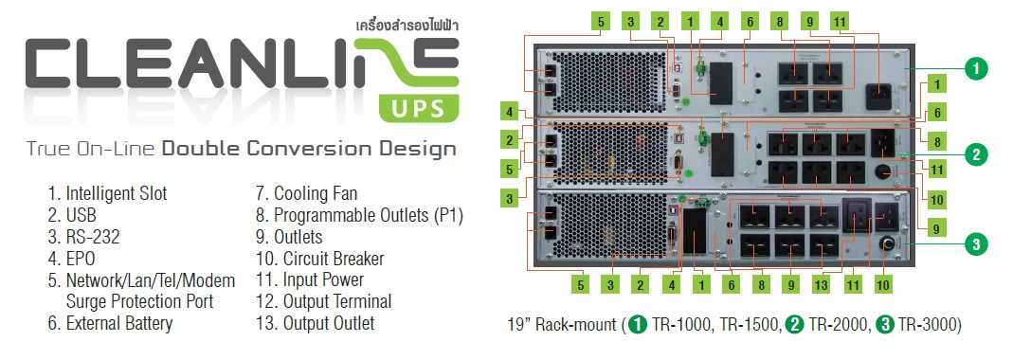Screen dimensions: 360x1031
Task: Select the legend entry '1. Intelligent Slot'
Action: point(107,193)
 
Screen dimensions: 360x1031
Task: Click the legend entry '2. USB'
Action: point(69,215)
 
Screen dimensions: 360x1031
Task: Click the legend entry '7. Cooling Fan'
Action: point(307,193)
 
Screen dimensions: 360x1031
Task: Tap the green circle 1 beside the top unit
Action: point(976,68)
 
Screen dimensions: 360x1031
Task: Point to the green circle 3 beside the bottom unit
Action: point(976,244)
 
